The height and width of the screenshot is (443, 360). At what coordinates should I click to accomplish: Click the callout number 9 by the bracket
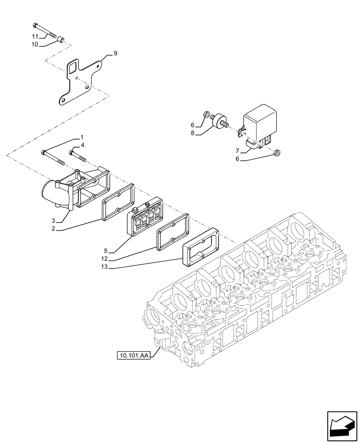115,54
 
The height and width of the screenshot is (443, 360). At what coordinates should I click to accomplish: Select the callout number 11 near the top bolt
35,36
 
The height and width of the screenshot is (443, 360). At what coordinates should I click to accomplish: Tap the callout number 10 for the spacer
35,44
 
